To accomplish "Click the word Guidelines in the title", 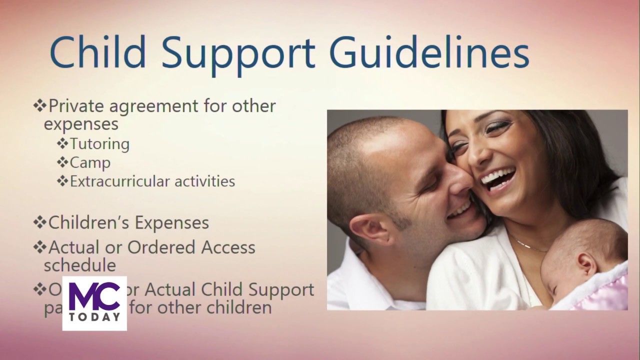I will pos(429,52).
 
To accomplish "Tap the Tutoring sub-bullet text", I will pos(99,144).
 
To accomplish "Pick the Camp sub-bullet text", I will pos(90,163).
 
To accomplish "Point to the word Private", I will pos(76,106).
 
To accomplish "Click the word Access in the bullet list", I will pos(228,247).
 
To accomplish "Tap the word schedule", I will pos(80,265).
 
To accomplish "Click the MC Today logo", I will pos(94,303).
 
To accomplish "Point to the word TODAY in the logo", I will pos(94,317).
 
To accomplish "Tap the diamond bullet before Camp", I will pos(62,162).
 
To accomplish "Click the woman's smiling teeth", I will pos(497,178).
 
